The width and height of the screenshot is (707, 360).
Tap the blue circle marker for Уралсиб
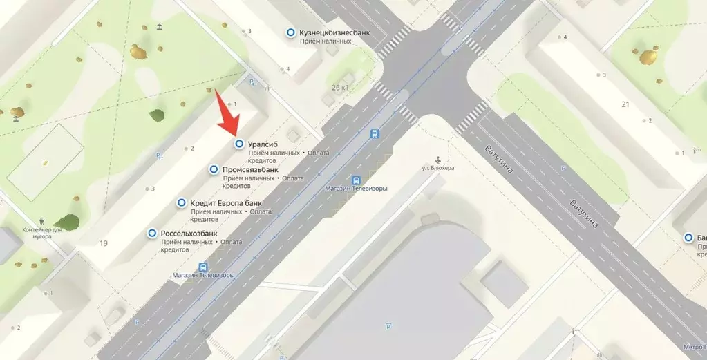coord(239,144)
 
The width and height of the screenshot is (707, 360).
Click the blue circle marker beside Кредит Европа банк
coord(182,203)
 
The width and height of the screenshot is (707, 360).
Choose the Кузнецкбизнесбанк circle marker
coord(291,32)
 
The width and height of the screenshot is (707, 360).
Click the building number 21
coord(625,104)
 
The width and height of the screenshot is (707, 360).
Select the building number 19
coord(104,243)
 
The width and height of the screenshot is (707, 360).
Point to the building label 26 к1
coord(341,88)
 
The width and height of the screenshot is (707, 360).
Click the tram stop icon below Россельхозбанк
coord(203,267)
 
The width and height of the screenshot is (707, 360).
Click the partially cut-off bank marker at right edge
coord(689,238)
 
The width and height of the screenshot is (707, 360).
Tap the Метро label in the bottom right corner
coord(692,346)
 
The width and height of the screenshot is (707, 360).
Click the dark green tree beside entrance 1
coord(158,115)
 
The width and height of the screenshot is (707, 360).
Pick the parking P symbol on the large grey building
coord(388,325)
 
